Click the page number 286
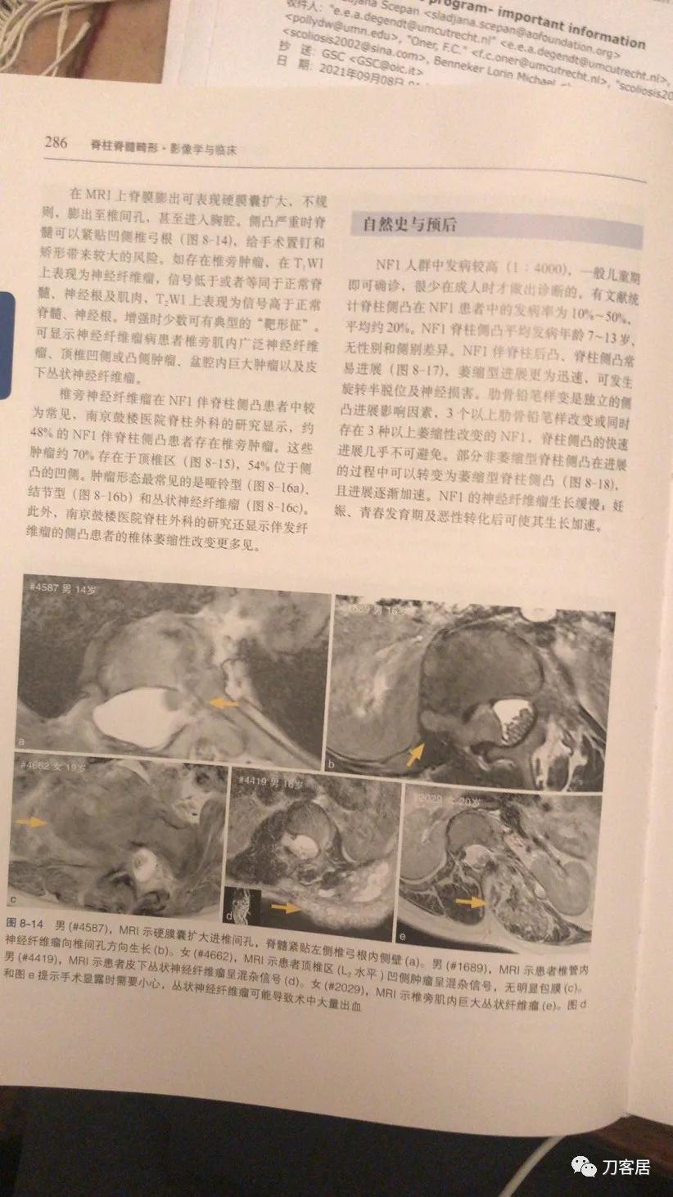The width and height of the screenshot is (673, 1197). pyautogui.click(x=56, y=142)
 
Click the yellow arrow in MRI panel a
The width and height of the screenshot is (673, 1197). pyautogui.click(x=224, y=701)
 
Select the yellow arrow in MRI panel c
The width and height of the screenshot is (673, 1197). pyautogui.click(x=31, y=821)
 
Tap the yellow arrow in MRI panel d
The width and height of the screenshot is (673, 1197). pyautogui.click(x=287, y=907)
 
